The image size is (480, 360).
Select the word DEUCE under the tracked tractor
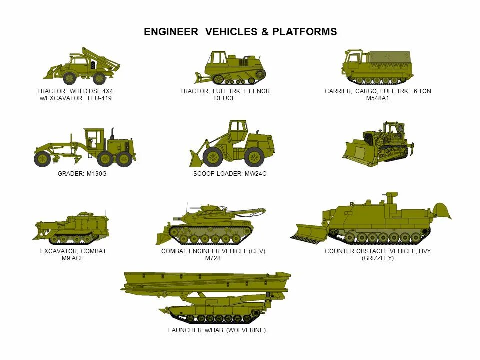point(225,98)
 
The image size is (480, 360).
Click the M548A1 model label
point(377,98)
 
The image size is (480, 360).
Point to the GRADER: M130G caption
point(82,174)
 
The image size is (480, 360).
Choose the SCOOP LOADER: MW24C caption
point(226,174)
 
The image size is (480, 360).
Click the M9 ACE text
point(73,258)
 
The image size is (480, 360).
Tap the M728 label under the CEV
point(213,258)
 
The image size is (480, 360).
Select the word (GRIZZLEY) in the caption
point(378,258)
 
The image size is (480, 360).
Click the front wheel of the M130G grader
point(42,159)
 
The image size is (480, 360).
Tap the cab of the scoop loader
point(238,131)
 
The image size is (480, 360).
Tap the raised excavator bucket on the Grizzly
point(442,211)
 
